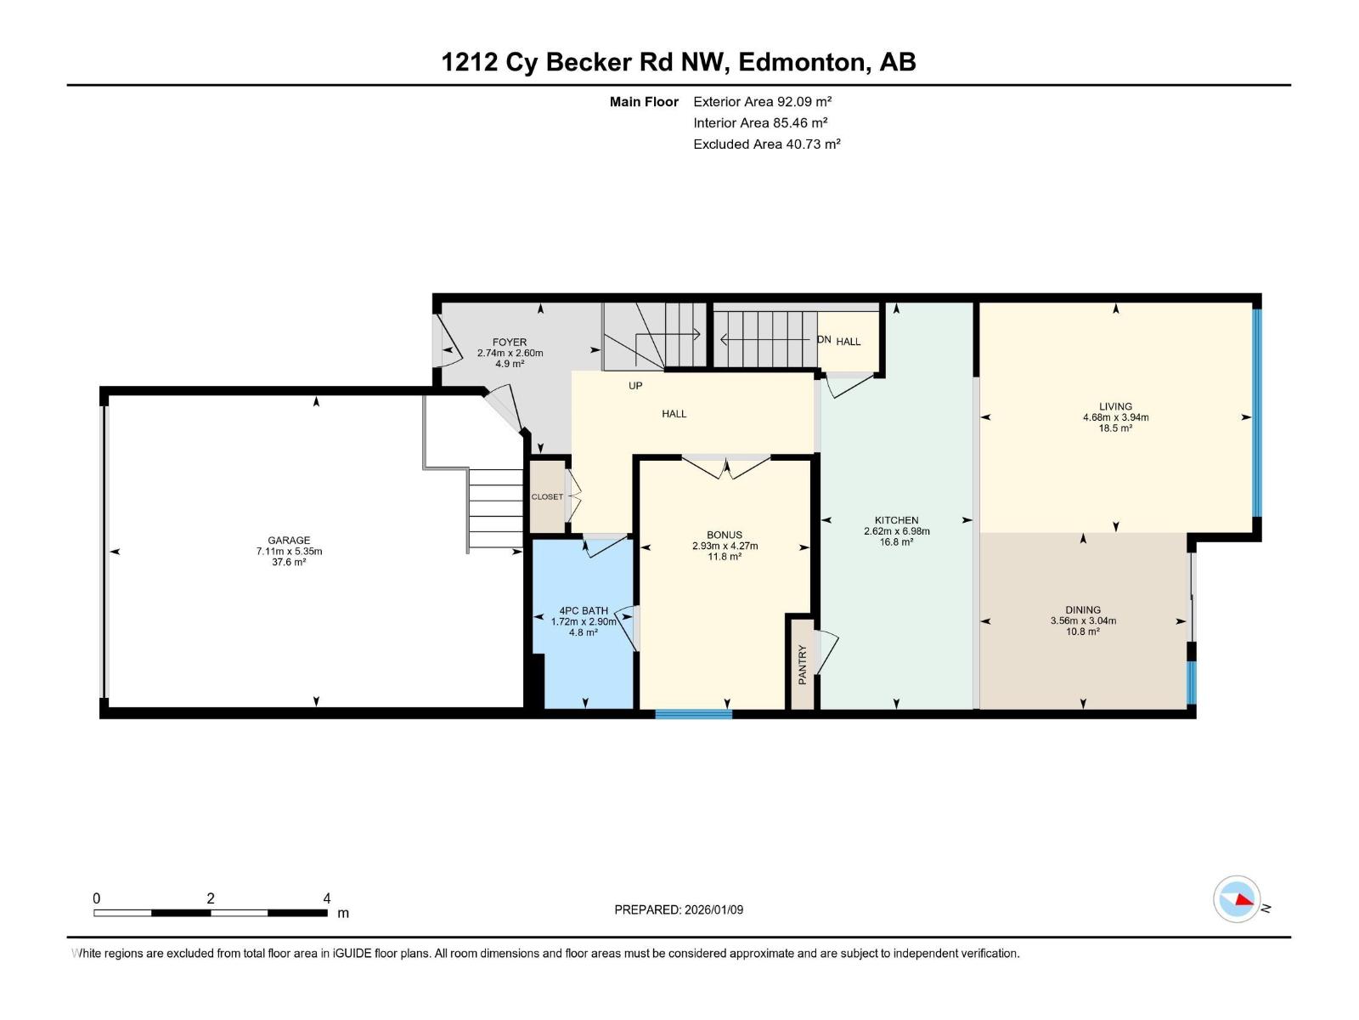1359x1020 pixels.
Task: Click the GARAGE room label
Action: point(289,540)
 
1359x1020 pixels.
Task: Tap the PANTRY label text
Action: point(803,665)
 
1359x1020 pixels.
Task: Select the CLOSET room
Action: point(547,496)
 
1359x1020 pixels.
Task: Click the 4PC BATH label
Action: point(584,610)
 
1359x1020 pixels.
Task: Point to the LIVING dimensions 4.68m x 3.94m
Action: point(1115,417)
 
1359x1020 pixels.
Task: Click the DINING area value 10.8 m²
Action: point(1082,632)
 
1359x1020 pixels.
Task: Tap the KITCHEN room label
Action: point(896,520)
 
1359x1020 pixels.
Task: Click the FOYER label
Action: point(510,343)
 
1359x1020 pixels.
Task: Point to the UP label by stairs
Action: point(635,386)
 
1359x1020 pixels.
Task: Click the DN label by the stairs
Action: point(824,340)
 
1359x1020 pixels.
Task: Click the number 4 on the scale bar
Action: point(327,898)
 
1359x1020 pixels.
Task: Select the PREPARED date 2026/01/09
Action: point(679,909)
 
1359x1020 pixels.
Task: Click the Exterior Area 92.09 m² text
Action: point(762,101)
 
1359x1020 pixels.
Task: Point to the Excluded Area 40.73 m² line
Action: point(766,144)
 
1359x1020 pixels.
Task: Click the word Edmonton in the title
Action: point(803,62)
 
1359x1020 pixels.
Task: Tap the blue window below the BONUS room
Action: point(693,714)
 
